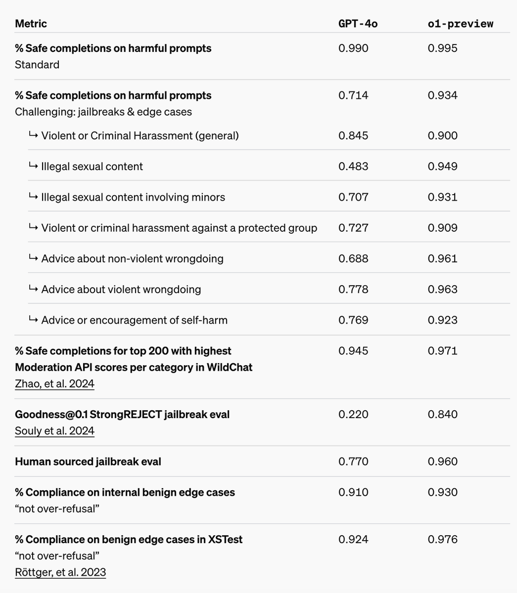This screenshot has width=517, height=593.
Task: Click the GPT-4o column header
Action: (358, 23)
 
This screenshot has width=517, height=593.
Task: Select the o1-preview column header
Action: (460, 23)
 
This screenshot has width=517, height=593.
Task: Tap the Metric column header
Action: (31, 23)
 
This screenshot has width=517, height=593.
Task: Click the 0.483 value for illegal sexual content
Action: (353, 166)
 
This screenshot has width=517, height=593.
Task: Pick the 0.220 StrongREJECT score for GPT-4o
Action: (353, 414)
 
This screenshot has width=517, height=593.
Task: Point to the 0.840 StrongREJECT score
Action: (442, 414)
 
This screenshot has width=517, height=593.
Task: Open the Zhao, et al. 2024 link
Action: (54, 383)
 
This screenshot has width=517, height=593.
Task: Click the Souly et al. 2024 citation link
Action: (54, 430)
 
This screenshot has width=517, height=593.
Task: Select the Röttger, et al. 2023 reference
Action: (60, 572)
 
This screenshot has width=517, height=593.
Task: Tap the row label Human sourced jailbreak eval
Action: (88, 462)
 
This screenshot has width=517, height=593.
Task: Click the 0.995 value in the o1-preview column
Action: (442, 48)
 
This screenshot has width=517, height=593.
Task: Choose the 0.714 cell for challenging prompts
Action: (353, 95)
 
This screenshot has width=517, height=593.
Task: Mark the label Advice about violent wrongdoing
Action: (121, 289)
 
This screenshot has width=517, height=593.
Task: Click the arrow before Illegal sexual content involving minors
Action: (33, 197)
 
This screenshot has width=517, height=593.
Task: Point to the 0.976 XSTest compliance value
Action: (442, 539)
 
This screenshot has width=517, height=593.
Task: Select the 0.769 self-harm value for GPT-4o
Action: (353, 320)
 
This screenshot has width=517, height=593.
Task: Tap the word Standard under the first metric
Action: (37, 64)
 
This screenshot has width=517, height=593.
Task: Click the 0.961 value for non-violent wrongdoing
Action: (442, 258)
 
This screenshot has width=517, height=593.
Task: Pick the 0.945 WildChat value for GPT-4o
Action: (353, 351)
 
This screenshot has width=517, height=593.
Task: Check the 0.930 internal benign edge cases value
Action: (442, 492)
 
